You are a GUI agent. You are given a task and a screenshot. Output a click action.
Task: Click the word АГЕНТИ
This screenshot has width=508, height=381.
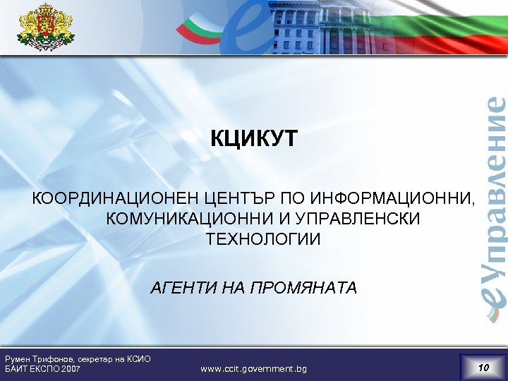[179, 288]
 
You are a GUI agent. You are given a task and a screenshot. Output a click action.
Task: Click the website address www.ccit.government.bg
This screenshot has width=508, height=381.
[253, 369]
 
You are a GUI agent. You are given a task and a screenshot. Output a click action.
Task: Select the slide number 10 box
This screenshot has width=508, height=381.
[483, 367]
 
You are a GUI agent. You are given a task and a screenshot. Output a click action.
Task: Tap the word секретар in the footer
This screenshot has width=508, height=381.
[94, 358]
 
